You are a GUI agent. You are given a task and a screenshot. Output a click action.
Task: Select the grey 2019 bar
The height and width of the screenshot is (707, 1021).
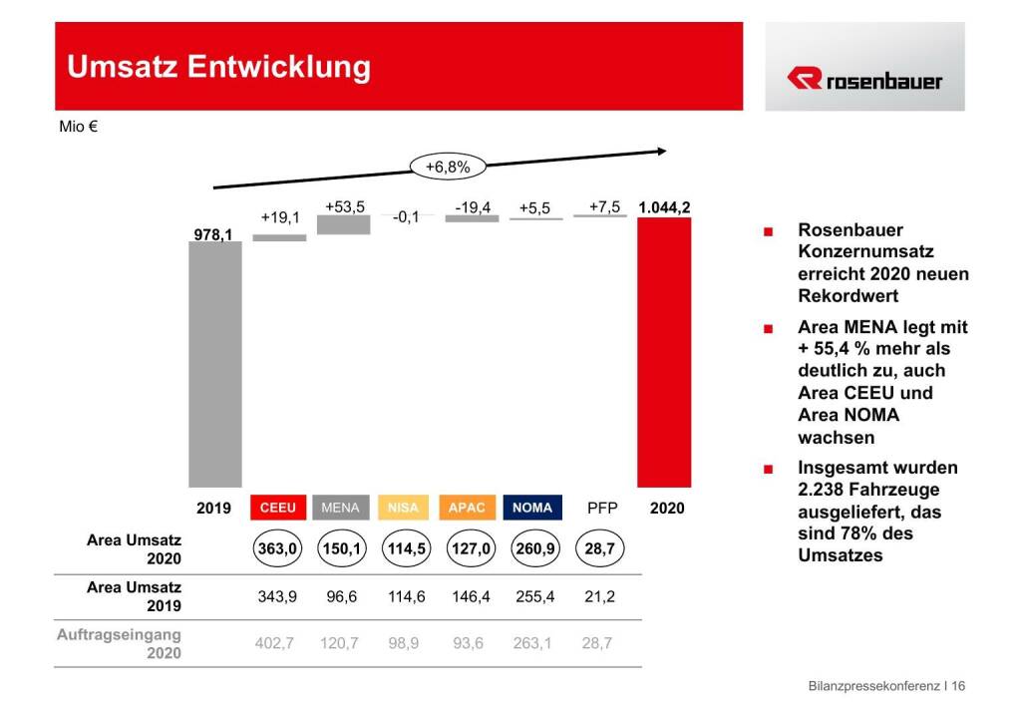click(x=214, y=364)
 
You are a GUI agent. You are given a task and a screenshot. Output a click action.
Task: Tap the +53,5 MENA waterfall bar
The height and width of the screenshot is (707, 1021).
click(x=343, y=224)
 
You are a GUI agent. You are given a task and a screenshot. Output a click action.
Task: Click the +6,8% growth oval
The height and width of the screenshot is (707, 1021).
click(x=447, y=167)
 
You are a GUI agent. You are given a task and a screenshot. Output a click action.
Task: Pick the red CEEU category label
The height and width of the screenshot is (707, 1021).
click(x=278, y=508)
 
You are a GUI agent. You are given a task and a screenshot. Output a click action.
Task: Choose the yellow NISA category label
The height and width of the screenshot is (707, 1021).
click(x=403, y=508)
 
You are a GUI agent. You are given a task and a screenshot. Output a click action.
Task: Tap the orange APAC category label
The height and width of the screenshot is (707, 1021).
click(x=467, y=508)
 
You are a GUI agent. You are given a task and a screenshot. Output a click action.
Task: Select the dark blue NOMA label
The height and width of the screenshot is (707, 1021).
click(x=532, y=508)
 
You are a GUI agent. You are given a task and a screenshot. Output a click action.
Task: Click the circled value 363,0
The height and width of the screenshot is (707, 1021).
click(x=278, y=549)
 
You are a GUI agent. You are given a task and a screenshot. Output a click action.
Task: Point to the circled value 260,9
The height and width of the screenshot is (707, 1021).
click(x=533, y=549)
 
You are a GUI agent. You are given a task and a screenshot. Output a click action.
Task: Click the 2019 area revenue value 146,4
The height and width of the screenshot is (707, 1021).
click(x=468, y=596)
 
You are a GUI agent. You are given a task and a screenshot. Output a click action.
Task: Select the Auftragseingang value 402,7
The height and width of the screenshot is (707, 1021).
click(x=275, y=643)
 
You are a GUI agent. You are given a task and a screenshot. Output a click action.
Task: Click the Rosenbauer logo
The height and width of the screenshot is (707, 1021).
click(x=864, y=80)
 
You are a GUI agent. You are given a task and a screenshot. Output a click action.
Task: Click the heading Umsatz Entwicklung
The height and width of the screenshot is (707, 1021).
click(x=218, y=67)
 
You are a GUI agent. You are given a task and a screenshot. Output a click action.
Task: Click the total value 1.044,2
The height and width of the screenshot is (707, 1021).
click(x=665, y=207)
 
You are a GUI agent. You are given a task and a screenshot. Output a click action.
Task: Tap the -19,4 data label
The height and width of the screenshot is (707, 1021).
click(x=473, y=207)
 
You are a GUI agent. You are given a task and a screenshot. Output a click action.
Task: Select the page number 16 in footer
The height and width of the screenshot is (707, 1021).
click(x=959, y=686)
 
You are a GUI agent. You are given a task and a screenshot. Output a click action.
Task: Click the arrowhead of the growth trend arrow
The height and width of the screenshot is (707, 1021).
click(x=661, y=152)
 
